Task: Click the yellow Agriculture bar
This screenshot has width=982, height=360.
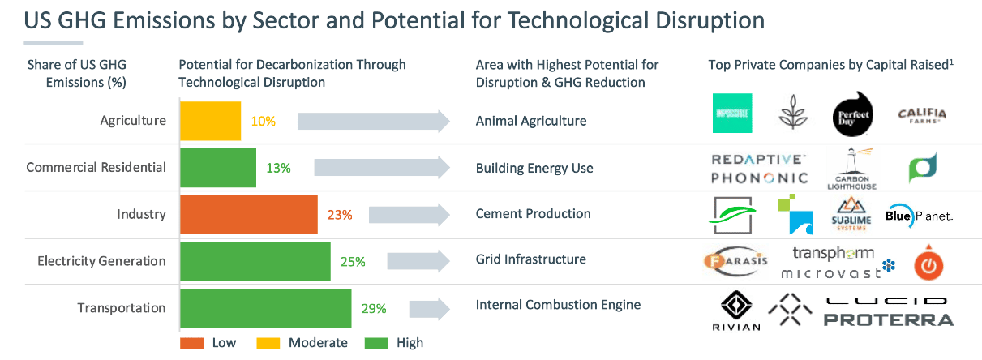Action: tap(210, 121)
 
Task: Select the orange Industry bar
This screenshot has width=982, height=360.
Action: tap(248, 215)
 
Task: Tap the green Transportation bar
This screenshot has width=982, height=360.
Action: tap(265, 308)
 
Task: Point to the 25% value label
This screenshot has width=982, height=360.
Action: tap(353, 262)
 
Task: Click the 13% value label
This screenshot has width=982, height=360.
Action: tap(278, 168)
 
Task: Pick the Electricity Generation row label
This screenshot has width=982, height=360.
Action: tap(101, 261)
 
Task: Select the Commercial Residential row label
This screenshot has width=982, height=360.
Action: tap(96, 168)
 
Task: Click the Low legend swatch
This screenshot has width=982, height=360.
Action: tap(191, 343)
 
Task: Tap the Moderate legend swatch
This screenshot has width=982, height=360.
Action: tap(268, 343)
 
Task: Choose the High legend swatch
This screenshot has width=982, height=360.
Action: tap(376, 343)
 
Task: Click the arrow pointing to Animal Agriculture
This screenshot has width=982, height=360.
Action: tap(374, 122)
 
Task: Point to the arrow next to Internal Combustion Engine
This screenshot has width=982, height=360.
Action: tap(429, 310)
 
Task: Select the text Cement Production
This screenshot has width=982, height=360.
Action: tap(533, 214)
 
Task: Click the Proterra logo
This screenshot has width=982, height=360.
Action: tap(889, 319)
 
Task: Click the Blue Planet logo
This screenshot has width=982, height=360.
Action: tap(920, 216)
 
